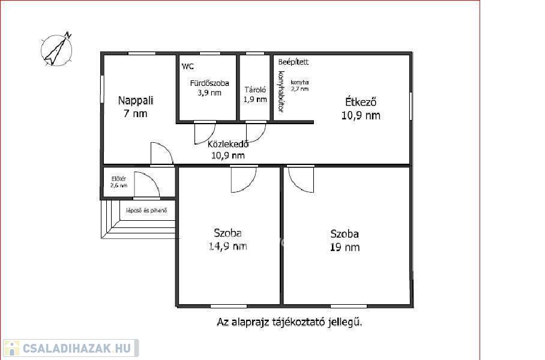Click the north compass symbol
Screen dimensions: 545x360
(56, 49)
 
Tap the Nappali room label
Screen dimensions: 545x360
(136, 107)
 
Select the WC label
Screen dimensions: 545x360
(188, 67)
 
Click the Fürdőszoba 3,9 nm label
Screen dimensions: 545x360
(209, 88)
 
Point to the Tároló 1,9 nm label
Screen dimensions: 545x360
(255, 95)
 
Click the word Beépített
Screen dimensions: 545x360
(294, 62)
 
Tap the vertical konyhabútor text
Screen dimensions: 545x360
(281, 92)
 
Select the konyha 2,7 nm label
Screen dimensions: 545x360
(300, 85)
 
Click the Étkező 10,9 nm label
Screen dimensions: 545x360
(361, 109)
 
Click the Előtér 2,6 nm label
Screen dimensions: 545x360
(118, 182)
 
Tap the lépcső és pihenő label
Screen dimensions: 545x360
(146, 211)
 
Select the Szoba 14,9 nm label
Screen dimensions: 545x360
(228, 239)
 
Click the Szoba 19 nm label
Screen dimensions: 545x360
(345, 241)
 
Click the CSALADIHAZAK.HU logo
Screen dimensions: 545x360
(71, 348)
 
